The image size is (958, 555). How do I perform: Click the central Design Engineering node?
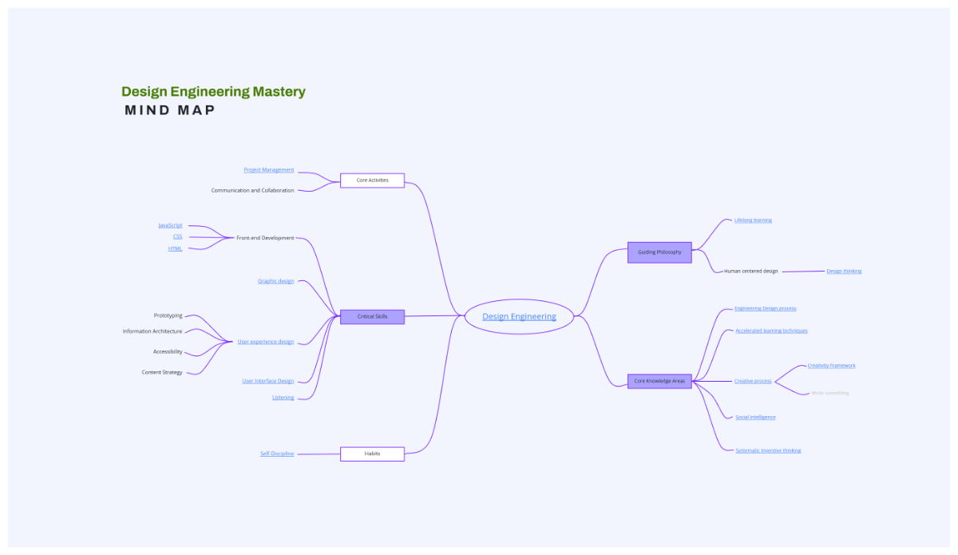(x=519, y=316)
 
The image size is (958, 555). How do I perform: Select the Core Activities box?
(x=372, y=180)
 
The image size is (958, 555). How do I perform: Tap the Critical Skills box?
(x=372, y=316)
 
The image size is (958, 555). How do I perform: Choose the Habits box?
(x=372, y=454)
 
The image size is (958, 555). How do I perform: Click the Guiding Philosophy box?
(x=659, y=252)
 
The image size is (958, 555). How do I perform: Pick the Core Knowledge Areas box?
(x=659, y=381)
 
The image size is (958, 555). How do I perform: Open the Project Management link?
(x=269, y=170)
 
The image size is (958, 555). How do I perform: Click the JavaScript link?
(x=170, y=225)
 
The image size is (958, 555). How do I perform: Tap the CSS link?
(x=177, y=236)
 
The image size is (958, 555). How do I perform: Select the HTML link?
(x=175, y=248)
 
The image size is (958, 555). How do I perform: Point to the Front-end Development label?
(x=265, y=238)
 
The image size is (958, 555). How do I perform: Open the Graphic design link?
(x=275, y=281)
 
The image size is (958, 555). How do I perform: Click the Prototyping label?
(x=168, y=315)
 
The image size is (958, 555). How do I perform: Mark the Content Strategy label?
(x=162, y=372)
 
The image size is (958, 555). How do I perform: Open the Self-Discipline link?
(x=277, y=454)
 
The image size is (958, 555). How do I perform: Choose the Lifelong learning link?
(x=753, y=220)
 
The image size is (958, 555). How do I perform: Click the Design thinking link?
(x=844, y=272)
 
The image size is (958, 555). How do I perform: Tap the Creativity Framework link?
(x=831, y=366)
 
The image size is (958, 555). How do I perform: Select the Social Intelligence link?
(x=755, y=417)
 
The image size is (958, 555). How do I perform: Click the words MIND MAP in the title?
(x=170, y=110)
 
